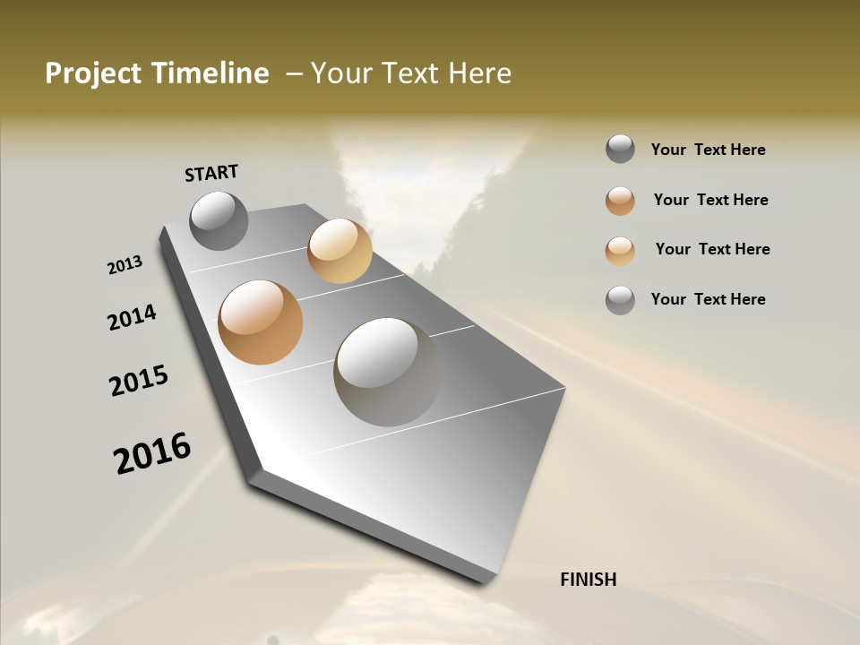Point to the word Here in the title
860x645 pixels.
coord(479,73)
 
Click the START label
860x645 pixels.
coord(211,173)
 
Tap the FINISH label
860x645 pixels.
coord(588,580)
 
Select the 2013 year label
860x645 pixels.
coord(125,265)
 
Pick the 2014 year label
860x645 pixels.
coord(132,318)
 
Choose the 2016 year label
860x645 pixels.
coord(152,452)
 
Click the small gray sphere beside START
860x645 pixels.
coord(219,220)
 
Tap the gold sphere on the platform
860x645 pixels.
coord(340,251)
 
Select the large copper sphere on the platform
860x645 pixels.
coord(260,322)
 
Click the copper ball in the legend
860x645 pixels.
coord(620,201)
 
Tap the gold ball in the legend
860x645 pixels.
coord(620,250)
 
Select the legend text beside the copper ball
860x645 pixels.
coord(710,200)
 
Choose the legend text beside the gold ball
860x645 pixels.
coord(712,249)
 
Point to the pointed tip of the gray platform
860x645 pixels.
coord(488,578)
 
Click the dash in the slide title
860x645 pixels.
coord(293,73)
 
